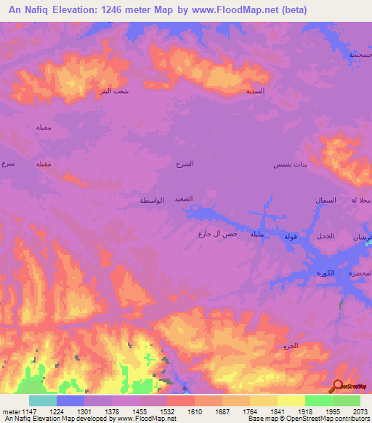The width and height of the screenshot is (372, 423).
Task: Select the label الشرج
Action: (x=185, y=164)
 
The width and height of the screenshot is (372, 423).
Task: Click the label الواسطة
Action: (x=152, y=200)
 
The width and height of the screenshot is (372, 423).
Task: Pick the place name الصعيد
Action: (x=182, y=198)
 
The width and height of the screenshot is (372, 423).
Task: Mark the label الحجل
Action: (x=325, y=237)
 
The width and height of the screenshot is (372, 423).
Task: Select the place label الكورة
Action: (x=326, y=273)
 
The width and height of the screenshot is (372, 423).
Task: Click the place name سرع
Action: (x=8, y=164)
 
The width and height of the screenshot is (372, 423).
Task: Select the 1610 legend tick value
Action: (x=195, y=411)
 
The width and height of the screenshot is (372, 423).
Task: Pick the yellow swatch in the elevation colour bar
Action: (x=291, y=400)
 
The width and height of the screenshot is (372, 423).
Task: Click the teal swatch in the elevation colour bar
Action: (x=43, y=400)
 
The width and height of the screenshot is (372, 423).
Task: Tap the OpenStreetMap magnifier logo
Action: (x=338, y=386)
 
